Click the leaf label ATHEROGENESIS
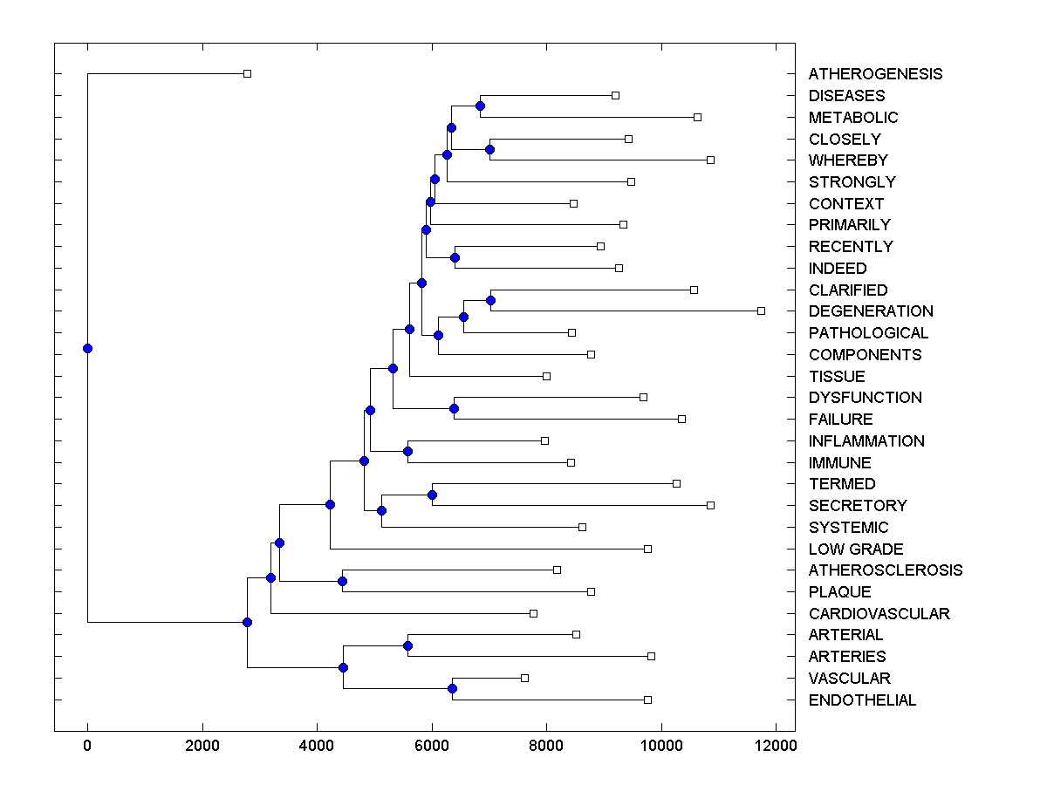pos(875,74)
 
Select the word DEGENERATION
pos(871,311)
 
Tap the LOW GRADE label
pos(856,549)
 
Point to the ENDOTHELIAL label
pos(862,700)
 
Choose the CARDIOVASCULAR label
pos(879,614)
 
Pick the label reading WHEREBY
pos(848,160)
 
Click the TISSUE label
pos(837,377)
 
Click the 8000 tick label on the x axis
pos(546,746)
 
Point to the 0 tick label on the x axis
pos(87,746)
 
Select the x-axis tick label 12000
pos(776,746)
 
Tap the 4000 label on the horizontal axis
pos(317,746)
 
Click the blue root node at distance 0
pos(87,348)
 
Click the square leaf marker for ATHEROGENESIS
pos(247,74)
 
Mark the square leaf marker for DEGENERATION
pos(761,311)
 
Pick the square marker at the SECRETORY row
pos(710,505)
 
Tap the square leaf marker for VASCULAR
pos(524,678)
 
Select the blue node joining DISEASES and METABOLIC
pos(480,106)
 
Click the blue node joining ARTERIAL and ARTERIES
pos(407,645)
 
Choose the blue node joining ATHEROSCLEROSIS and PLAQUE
pos(342,581)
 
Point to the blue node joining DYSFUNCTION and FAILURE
pos(454,408)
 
